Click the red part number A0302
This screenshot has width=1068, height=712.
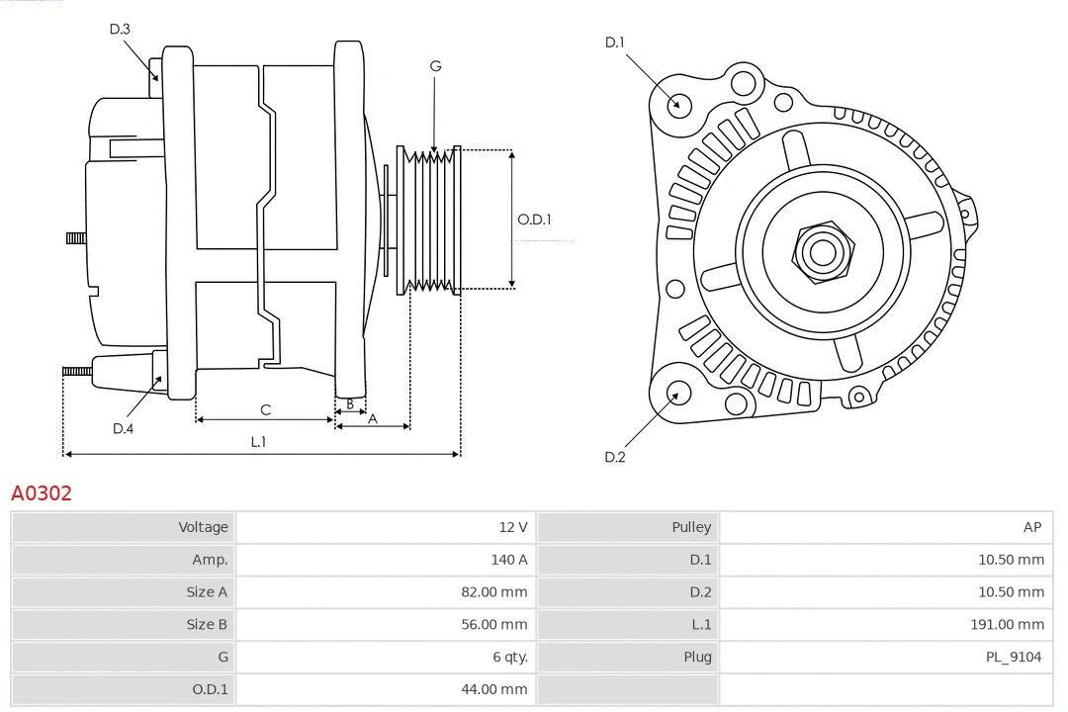coord(42,492)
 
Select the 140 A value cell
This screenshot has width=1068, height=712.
coord(508,560)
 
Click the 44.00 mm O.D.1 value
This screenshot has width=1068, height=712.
coord(494,689)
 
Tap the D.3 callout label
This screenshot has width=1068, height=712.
coord(120,30)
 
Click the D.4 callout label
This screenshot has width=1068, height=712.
coord(123,428)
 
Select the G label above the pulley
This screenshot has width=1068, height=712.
coord(435,66)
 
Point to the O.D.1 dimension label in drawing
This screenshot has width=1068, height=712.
coord(534,220)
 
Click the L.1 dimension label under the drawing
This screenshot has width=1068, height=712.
coord(257,442)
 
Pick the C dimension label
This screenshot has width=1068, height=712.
coord(265,409)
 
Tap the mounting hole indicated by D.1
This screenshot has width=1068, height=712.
coord(678,104)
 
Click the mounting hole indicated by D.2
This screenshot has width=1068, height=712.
coord(676,395)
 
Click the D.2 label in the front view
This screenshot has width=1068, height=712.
coord(615,457)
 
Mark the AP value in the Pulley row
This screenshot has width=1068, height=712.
coord(1031,527)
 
